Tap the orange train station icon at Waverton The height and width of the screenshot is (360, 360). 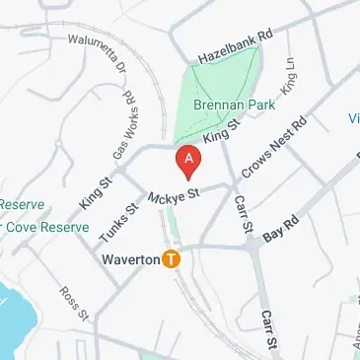pos(172,260)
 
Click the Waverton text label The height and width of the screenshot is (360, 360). pos(131,260)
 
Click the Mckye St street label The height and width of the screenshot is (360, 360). pos(175,197)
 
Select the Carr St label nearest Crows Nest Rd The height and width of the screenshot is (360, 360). pos(242,216)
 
